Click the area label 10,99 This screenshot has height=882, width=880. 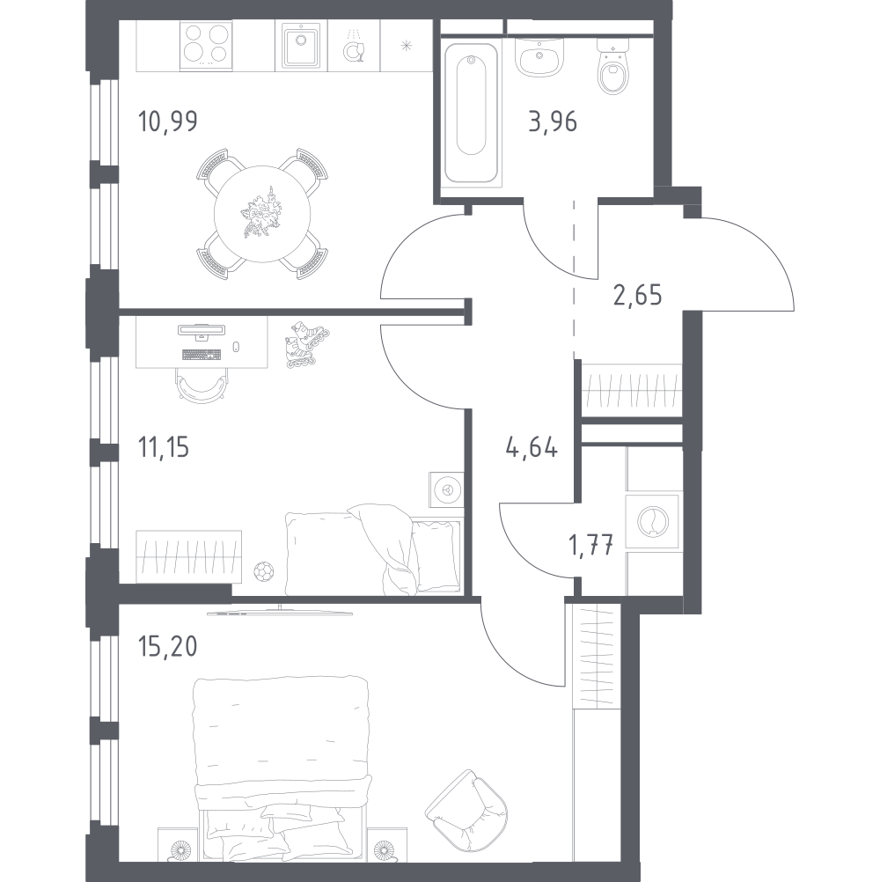[167, 121]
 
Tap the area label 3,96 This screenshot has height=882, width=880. [553, 121]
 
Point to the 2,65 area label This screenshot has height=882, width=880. [638, 295]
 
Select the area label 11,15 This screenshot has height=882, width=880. [164, 448]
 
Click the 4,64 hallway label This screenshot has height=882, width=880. [532, 448]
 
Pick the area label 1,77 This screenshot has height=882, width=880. [590, 545]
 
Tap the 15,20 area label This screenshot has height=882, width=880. [167, 647]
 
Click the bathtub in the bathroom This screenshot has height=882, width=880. [471, 112]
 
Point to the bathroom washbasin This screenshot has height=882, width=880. [539, 57]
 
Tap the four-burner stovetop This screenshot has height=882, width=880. [205, 46]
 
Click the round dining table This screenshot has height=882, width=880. [262, 214]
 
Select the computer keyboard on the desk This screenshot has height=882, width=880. [202, 355]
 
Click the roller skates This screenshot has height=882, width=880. [306, 344]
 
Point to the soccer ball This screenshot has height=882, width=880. [263, 571]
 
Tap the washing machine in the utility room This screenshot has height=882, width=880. [652, 521]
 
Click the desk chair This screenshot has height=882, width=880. [202, 386]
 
